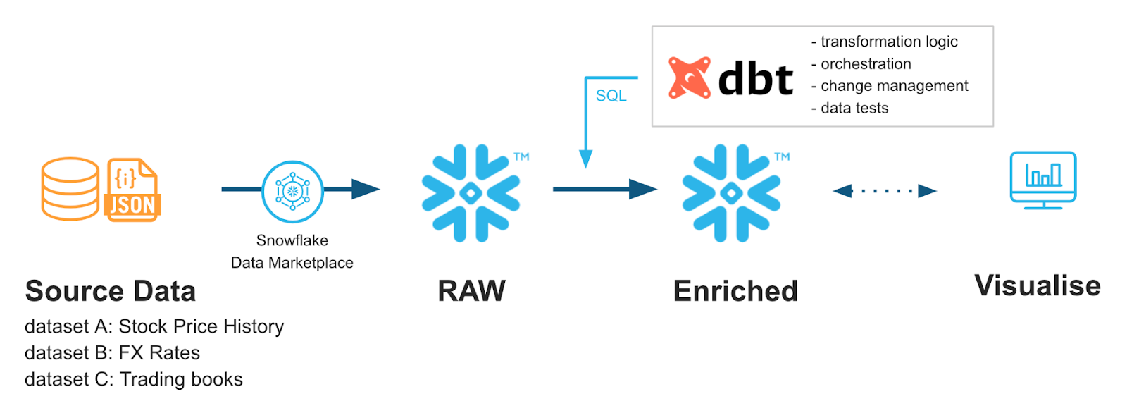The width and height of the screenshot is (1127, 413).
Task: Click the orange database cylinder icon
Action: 70,188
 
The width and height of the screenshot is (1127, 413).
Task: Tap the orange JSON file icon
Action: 132,190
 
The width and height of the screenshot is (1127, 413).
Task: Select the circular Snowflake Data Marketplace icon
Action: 292,191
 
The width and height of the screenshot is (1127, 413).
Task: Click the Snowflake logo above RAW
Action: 471,192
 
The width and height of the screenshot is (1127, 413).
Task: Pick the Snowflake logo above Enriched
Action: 731,192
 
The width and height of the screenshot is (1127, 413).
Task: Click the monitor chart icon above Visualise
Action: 1042,180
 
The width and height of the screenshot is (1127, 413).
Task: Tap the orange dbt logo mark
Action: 689,78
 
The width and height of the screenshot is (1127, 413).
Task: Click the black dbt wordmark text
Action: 756,78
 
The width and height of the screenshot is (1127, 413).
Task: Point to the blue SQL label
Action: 611,96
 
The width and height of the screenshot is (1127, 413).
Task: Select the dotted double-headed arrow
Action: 884,190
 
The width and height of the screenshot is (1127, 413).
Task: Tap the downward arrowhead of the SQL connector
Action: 585,159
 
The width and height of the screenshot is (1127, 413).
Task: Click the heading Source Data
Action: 111,291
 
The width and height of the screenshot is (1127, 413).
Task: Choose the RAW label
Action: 471,291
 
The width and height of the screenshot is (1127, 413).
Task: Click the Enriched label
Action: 735,291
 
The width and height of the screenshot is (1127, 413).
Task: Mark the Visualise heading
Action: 1037,286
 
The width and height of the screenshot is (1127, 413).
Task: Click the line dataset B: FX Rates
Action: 112,352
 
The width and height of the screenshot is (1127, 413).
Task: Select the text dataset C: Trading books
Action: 134,379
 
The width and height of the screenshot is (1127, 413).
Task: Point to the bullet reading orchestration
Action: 865,64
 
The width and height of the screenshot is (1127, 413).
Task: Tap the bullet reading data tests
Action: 854,108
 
